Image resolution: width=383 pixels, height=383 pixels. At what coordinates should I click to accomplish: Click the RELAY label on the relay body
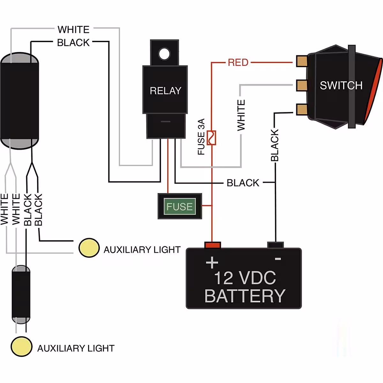pos(165,91)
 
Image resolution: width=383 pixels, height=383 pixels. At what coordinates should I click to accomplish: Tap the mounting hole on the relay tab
pos(164,54)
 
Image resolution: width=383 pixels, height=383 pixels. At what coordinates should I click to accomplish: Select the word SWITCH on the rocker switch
pos(341,86)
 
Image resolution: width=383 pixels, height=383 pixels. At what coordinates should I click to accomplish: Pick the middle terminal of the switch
pos(302,86)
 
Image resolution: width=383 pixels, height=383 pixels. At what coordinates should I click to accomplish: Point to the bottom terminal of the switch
pos(302,109)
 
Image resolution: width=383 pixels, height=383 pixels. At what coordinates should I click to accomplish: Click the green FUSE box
pos(180,207)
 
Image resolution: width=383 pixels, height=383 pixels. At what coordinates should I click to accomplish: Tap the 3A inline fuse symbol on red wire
pos(212,138)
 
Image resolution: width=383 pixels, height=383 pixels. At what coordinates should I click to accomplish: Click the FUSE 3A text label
pos(201,137)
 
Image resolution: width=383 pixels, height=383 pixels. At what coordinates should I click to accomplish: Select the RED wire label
pos(238,63)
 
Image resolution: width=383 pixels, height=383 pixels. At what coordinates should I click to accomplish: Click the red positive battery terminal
pos(212,245)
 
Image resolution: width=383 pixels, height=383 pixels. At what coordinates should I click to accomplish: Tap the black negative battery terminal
pos(275,245)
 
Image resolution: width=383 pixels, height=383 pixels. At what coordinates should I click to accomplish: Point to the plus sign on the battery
pos(212,263)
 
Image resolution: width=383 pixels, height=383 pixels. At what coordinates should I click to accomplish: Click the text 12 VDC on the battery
pos(244,278)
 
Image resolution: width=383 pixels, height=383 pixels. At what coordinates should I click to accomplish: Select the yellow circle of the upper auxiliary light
pos(89,248)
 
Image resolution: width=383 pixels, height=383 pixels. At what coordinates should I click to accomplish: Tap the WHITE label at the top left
pos(73,30)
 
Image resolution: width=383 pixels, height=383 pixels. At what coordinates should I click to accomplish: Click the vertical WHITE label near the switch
pos(241,115)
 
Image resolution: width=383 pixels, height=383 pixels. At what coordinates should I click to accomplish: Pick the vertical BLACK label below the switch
pos(275,146)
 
